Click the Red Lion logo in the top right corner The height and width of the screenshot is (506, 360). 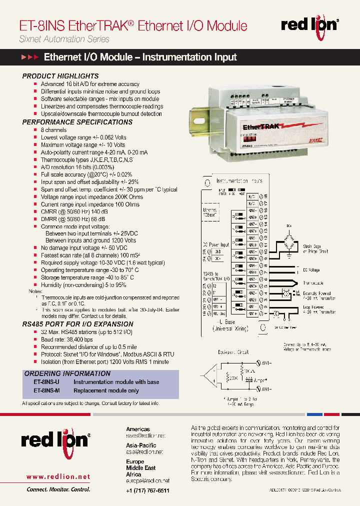tap(310, 25)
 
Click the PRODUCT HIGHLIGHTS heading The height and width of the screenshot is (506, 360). tap(60, 76)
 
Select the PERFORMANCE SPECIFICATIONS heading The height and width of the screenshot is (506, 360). tap(77, 122)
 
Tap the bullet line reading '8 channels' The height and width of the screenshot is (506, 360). tap(53, 130)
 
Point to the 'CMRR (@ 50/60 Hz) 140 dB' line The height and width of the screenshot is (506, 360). tap(73, 211)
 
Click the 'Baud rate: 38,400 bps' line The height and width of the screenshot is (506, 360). tap(67, 339)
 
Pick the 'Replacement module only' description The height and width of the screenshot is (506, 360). tap(106, 390)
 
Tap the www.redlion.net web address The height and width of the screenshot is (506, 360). tap(58, 476)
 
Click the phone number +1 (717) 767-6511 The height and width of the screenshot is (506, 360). tap(147, 490)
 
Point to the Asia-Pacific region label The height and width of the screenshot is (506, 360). tap(141, 445)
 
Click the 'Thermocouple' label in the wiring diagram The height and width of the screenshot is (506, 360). tap(313, 283)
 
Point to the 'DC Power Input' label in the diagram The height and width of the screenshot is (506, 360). tap(215, 244)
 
